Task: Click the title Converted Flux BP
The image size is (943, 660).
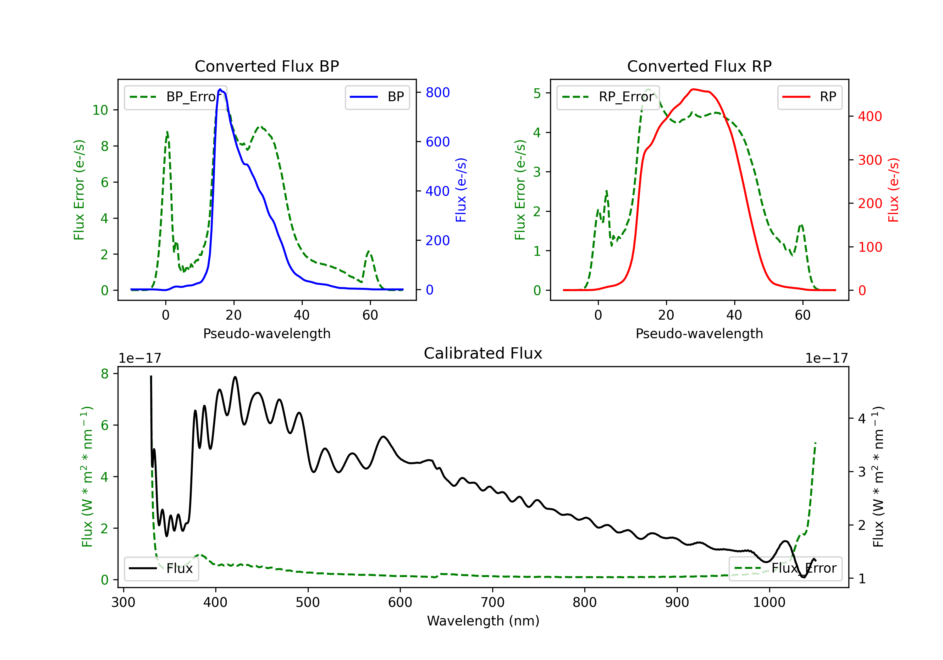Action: click(x=267, y=66)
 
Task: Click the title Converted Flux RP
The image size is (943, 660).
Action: click(x=699, y=66)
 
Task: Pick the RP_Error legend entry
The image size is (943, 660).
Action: click(x=608, y=97)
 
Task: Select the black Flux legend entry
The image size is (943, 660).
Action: click(x=162, y=569)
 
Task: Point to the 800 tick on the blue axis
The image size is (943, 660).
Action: click(x=438, y=92)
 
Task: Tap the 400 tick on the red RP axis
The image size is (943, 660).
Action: click(x=869, y=116)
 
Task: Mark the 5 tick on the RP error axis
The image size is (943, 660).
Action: click(x=537, y=93)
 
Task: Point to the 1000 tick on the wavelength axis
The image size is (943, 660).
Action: click(x=769, y=602)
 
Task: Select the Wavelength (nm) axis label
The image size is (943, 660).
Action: click(x=483, y=621)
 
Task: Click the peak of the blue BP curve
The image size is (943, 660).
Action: click(x=220, y=90)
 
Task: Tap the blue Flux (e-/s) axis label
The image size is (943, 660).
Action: click(x=461, y=190)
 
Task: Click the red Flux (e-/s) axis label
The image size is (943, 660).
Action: click(x=893, y=190)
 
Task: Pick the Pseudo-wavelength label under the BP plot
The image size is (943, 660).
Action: click(x=267, y=333)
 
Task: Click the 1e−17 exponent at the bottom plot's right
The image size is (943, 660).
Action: click(x=826, y=358)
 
